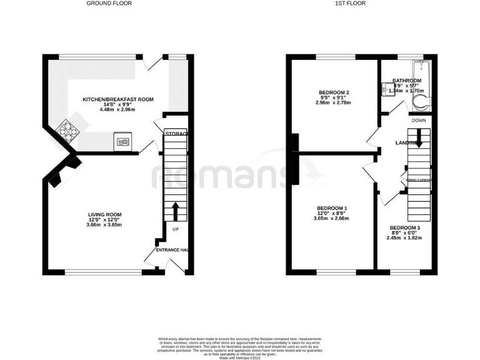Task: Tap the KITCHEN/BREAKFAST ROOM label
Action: [x=118, y=100]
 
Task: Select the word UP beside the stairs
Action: [x=176, y=229]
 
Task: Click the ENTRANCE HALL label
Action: [x=172, y=250]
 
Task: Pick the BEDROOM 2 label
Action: [x=334, y=92]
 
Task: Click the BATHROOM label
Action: [x=406, y=81]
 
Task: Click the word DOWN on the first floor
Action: [x=418, y=121]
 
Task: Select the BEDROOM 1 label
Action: [x=332, y=208]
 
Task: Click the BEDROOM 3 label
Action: [x=404, y=227]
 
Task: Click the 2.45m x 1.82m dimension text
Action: [x=404, y=237]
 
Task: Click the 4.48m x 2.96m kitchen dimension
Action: [x=118, y=110]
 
